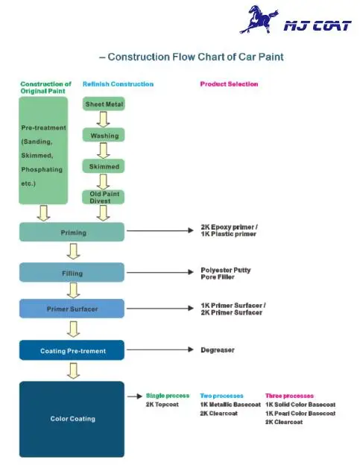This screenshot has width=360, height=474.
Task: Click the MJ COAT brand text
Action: click(317, 25)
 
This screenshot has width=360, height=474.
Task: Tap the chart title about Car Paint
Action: click(192, 57)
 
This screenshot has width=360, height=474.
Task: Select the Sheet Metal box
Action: click(104, 104)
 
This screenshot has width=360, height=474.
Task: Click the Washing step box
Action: click(104, 136)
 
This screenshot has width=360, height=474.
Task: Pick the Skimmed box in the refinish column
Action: click(104, 166)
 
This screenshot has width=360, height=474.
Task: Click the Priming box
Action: click(72, 233)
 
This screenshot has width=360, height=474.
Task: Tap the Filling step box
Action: click(72, 273)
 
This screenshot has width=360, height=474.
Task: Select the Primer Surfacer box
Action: click(72, 308)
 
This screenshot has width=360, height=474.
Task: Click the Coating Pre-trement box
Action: click(72, 350)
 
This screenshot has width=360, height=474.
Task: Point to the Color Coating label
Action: click(72, 419)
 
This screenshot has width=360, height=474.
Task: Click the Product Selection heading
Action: click(229, 84)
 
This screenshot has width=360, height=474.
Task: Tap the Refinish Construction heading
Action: click(118, 84)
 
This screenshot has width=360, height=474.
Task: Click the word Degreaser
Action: click(218, 350)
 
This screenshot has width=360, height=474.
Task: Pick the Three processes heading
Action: click(289, 396)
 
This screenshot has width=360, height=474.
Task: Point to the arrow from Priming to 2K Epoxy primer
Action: click(160, 233)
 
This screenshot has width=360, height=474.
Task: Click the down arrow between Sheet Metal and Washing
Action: click(104, 119)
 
